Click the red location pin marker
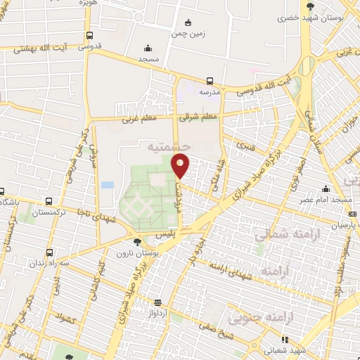(x=181, y=165)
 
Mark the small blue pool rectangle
(x=107, y=185)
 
